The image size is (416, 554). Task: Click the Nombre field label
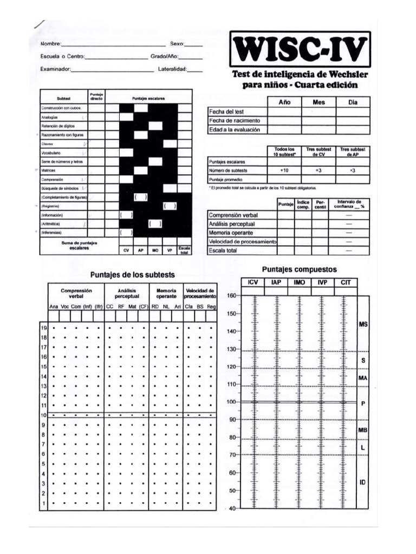pyautogui.click(x=51, y=43)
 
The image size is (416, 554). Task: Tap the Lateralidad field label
pyautogui.click(x=172, y=69)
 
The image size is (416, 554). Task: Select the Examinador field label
pyautogui.click(x=55, y=69)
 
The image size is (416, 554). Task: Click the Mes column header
pyautogui.click(x=318, y=102)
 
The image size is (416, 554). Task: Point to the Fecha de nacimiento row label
pyautogui.click(x=235, y=121)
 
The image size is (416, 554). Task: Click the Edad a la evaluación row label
pyautogui.click(x=235, y=130)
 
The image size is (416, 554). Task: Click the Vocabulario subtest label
pyautogui.click(x=53, y=153)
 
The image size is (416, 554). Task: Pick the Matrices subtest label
pyautogui.click(x=49, y=170)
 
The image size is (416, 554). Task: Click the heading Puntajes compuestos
pyautogui.click(x=299, y=269)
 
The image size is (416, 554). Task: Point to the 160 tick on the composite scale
pyautogui.click(x=232, y=296)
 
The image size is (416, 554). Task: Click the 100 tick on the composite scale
pyautogui.click(x=232, y=402)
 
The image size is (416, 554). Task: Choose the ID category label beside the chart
pyautogui.click(x=362, y=482)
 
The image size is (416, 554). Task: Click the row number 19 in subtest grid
pyautogui.click(x=44, y=328)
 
